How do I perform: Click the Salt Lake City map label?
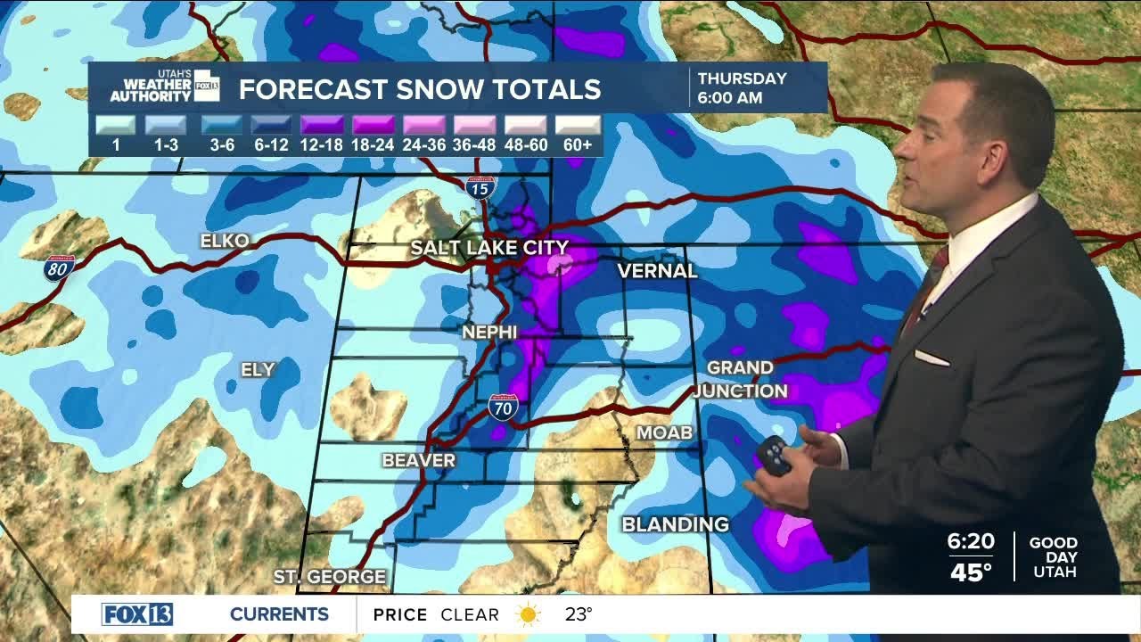[488, 248]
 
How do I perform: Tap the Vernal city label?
[657, 270]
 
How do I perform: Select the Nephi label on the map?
[489, 332]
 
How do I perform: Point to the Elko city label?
[225, 241]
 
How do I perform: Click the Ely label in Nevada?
[258, 369]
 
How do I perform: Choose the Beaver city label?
[418, 460]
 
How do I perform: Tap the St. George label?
[330, 577]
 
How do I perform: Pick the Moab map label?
[664, 432]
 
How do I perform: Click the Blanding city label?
[675, 524]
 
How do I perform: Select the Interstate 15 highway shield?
[480, 187]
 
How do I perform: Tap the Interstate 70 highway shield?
[503, 407]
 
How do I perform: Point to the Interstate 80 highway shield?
[57, 268]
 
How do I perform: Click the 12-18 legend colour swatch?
[321, 125]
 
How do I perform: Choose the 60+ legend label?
[578, 144]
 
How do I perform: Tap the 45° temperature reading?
[971, 572]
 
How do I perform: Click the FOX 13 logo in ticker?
[137, 614]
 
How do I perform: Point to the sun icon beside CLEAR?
[529, 614]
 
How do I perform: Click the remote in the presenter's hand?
[773, 455]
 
